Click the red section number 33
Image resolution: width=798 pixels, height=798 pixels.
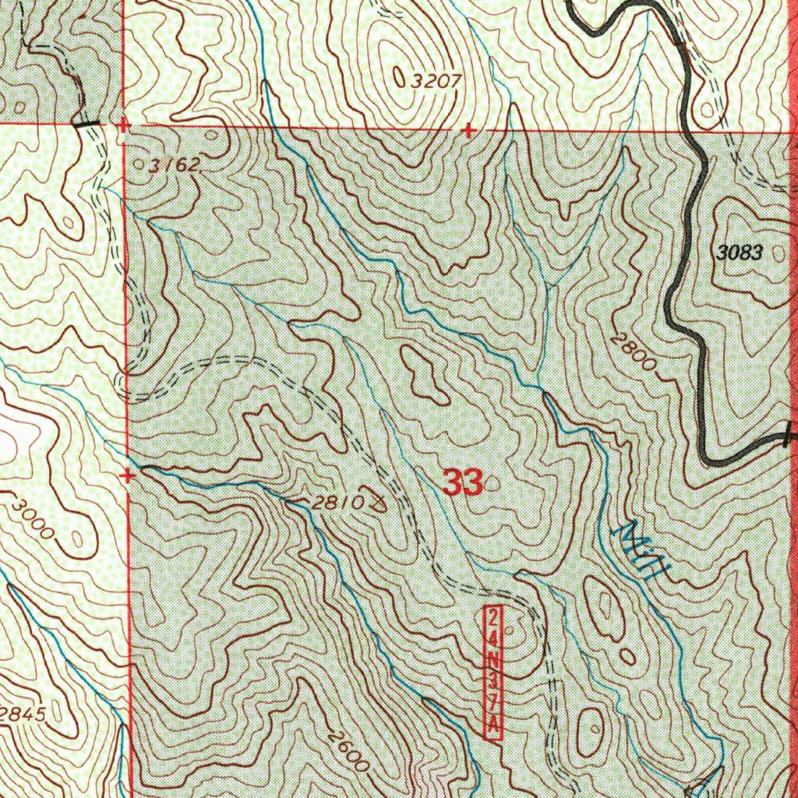coord(463,482)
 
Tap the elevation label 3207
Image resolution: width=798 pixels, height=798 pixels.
coord(436,79)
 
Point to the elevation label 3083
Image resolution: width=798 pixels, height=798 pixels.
coord(741,252)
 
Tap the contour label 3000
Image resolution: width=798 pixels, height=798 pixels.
coord(34,519)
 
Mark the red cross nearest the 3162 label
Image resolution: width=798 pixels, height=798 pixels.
coord(122,125)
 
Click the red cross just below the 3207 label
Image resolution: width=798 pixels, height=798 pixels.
coord(468,130)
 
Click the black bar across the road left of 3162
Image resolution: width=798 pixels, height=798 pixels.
coord(87,123)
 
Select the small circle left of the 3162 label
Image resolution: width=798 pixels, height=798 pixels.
coord(139,165)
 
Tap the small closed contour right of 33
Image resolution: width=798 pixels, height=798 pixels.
coord(493,484)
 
